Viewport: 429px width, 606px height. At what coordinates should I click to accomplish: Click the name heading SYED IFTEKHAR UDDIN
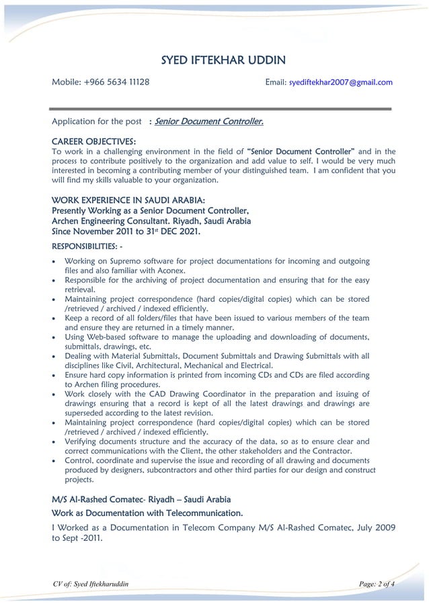click(x=223, y=61)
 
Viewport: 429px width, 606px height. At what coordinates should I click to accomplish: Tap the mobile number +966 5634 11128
click(x=117, y=82)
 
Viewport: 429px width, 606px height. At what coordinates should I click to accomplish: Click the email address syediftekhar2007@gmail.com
click(x=340, y=82)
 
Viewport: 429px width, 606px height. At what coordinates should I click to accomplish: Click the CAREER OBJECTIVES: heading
click(x=93, y=141)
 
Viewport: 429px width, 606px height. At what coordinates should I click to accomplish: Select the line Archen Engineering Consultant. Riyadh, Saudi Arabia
click(x=151, y=220)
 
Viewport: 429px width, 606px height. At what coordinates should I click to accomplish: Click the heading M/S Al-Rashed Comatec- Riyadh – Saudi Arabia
click(x=141, y=500)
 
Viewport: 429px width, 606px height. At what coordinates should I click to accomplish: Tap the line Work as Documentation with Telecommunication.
click(x=147, y=514)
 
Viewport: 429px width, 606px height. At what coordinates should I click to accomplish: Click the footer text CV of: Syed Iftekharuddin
click(x=90, y=584)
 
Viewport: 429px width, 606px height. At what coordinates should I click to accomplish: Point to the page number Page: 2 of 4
click(x=377, y=584)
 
